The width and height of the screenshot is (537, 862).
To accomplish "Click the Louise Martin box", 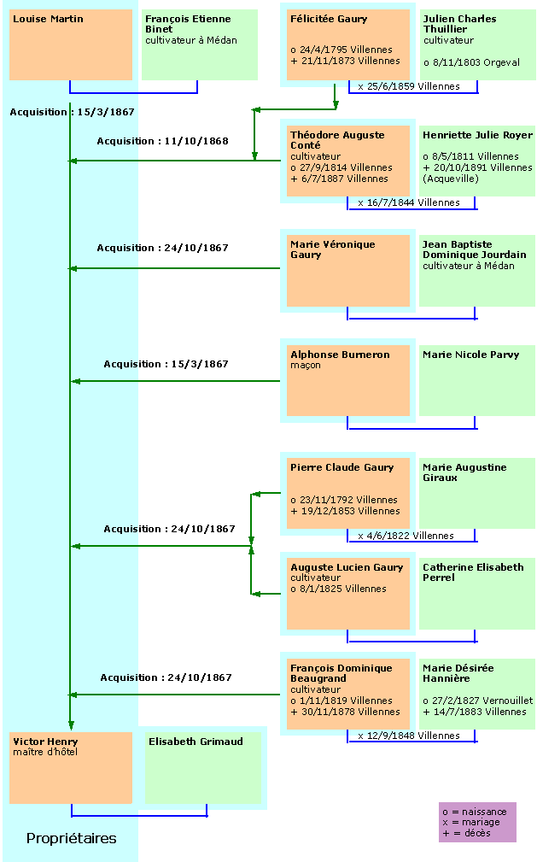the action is [71, 44].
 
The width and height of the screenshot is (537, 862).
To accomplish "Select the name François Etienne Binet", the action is [188, 24].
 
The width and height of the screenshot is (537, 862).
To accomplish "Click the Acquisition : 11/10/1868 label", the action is [163, 141].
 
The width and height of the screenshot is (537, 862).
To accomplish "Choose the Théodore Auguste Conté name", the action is [337, 139].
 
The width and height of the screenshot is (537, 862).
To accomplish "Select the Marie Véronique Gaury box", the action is [348, 271].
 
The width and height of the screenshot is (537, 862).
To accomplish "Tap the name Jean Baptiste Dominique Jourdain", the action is [475, 249].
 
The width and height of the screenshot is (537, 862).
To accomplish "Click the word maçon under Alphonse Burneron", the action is [306, 365].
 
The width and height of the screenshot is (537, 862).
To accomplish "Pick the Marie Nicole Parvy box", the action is [477, 380].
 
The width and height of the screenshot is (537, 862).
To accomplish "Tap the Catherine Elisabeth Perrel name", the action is [473, 572].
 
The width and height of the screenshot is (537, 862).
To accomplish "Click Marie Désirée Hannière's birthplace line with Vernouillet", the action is [477, 701].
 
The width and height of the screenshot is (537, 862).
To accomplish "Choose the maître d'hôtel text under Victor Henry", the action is [45, 752].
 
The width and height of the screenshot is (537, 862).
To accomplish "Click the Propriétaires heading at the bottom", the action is [72, 838].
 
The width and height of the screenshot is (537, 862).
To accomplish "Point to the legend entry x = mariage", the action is [471, 822].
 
